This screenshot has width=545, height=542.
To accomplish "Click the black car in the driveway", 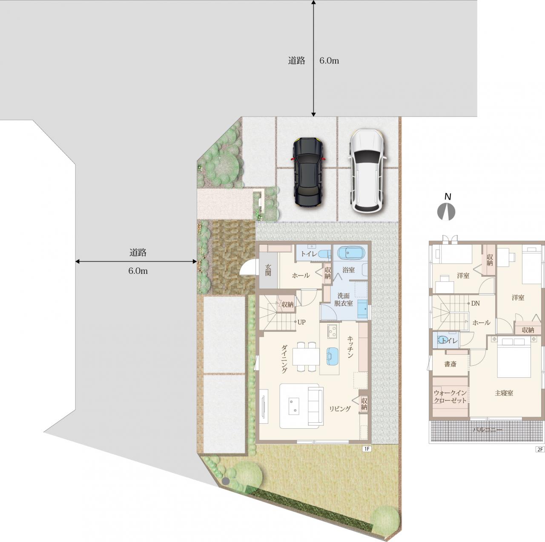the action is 308,172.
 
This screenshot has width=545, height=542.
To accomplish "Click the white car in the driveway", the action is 367,171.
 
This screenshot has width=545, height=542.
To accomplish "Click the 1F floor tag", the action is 367,449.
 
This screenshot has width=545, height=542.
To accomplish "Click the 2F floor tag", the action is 540,449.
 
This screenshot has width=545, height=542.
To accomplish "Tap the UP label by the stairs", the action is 301,322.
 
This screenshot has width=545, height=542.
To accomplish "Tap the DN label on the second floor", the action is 476,304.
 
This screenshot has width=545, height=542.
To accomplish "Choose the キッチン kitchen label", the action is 350,347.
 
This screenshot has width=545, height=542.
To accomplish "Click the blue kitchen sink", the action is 332,356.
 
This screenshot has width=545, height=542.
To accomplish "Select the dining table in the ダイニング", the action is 306,356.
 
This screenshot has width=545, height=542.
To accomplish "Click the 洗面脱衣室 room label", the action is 344,300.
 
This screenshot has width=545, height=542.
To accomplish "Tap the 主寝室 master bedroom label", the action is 504,393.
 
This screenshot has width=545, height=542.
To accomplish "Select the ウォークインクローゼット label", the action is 450,397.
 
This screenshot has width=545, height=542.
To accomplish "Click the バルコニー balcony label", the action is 488,430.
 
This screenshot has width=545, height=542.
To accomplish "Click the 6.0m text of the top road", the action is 329,60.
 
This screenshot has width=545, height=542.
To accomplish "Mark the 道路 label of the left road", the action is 138,252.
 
